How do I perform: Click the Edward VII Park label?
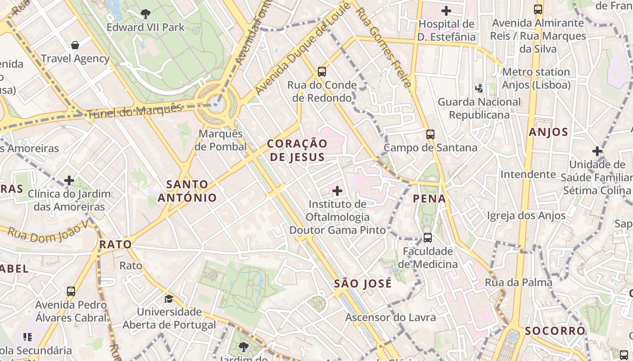point(146,28)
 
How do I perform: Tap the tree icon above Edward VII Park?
point(146,14)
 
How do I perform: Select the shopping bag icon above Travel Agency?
point(75,45)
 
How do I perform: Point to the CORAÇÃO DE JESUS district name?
point(297,150)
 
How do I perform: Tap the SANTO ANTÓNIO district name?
point(187,191)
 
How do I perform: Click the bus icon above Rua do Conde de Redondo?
point(322,71)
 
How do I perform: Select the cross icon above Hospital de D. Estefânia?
point(446,10)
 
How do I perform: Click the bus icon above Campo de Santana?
point(430,134)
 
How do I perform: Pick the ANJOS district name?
point(548,132)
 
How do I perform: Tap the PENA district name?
point(429,199)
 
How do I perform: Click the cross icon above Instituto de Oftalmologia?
point(337,191)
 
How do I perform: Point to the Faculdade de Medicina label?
point(428,258)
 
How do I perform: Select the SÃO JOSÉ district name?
point(363,284)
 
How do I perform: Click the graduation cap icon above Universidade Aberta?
point(169,299)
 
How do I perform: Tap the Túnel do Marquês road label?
point(134,111)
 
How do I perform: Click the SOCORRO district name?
point(555,331)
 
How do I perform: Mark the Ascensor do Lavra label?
point(391,317)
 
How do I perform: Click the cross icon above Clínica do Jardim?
point(69,180)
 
